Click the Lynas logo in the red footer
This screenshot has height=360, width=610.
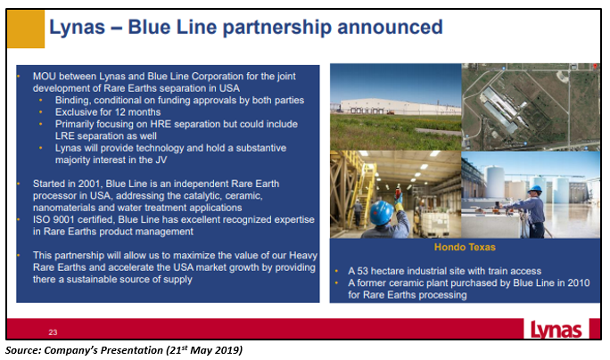(556, 330)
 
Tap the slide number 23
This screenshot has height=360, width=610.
(53, 332)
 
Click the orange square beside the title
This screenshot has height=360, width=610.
(26, 29)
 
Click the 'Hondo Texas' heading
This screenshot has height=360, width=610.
(465, 247)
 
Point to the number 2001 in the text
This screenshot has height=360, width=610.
(88, 184)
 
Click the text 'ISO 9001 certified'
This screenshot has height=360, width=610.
(74, 220)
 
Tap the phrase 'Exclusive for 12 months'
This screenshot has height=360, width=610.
(108, 112)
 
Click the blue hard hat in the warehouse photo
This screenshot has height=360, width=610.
(382, 212)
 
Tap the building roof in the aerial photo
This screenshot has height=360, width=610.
(500, 110)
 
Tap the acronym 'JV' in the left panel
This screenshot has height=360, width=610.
(161, 160)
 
